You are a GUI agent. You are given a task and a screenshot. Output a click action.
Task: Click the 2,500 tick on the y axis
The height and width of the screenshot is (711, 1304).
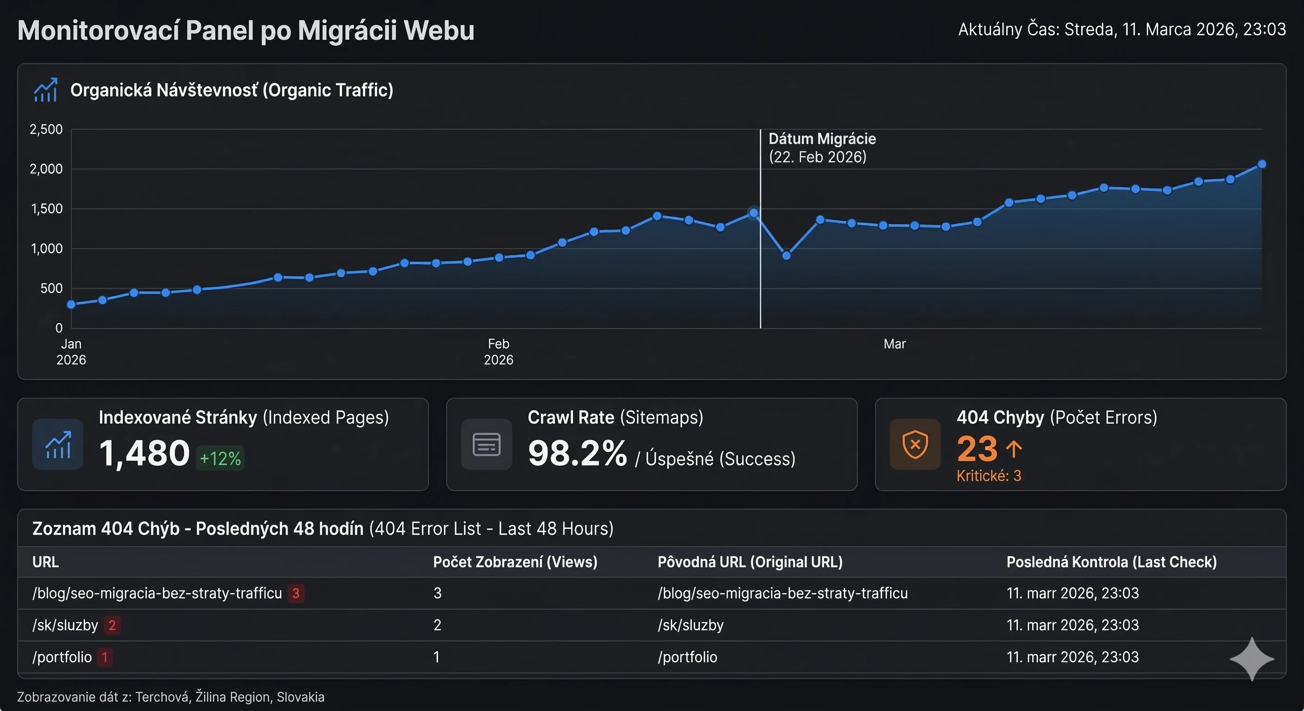point(46,129)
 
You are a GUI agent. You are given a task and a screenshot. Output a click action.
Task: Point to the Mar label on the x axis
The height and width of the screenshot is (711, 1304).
point(894,344)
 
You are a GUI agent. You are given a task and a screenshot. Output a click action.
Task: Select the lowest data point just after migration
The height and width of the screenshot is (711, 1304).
point(786,256)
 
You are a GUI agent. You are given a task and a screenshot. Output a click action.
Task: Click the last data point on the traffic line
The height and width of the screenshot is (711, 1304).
point(1261,164)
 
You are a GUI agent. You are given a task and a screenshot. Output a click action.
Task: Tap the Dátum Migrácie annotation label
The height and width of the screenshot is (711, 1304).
point(821,147)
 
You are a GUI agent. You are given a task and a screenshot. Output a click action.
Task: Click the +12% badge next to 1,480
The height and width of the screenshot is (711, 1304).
point(220,458)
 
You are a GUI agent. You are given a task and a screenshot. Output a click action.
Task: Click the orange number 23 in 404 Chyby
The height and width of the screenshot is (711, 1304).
point(977,449)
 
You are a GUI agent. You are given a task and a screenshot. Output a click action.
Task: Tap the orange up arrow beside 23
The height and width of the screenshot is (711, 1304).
point(1014,449)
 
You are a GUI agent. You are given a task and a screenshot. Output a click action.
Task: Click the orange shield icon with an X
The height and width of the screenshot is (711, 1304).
point(915,445)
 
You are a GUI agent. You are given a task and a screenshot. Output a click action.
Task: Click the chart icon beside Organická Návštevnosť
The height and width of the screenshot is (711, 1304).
point(45,90)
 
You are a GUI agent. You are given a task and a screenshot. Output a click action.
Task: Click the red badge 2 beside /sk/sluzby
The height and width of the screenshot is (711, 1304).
point(112,625)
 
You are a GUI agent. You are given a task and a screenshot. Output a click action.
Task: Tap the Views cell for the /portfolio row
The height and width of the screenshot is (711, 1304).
point(436,657)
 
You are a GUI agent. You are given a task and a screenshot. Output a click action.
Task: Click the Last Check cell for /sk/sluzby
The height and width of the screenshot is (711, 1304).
point(1072,625)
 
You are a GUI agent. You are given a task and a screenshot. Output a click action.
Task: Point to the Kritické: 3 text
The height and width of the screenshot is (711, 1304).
point(989,476)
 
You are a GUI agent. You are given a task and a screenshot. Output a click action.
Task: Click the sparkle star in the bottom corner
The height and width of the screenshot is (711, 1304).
point(1251,659)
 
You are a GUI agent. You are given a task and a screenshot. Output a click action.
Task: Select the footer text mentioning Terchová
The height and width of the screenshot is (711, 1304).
point(170,697)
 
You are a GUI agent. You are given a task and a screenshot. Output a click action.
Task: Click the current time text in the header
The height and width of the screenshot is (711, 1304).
point(1122,29)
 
